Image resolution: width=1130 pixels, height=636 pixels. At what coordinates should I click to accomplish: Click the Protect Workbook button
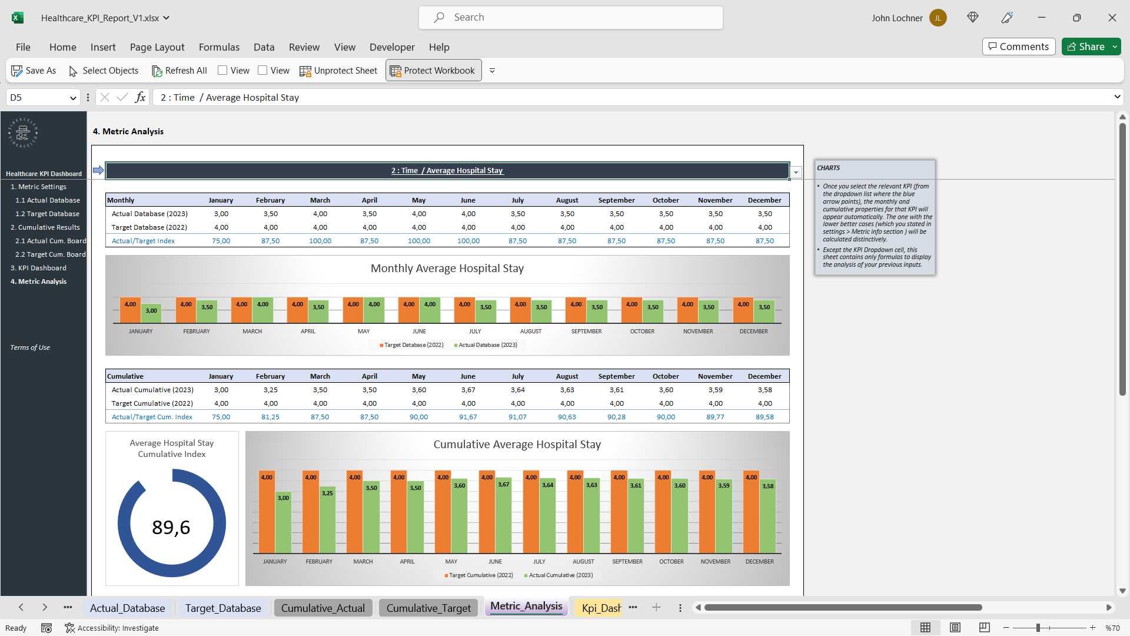(x=433, y=71)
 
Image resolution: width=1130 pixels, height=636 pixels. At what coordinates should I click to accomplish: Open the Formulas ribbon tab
(x=219, y=47)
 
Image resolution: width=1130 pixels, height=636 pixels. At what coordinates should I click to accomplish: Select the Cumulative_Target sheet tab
(x=428, y=608)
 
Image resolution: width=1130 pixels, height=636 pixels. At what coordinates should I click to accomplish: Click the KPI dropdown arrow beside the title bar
(x=796, y=172)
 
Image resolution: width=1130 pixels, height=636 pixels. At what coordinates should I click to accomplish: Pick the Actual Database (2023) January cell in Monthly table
(x=221, y=214)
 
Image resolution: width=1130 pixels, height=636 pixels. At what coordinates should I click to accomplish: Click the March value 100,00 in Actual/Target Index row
(x=320, y=241)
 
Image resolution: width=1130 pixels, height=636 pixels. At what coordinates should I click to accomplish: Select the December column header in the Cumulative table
(x=765, y=376)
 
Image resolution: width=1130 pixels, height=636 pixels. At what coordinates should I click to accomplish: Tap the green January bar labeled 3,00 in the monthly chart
(x=151, y=313)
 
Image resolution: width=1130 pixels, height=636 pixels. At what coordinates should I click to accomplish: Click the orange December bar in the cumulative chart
(x=752, y=512)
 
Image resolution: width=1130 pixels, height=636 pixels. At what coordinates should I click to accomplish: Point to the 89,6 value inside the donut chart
(x=171, y=527)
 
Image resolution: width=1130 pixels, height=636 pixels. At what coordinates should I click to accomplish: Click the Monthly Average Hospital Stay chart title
(x=447, y=269)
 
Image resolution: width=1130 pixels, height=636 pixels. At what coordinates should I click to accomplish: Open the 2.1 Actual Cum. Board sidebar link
(x=51, y=241)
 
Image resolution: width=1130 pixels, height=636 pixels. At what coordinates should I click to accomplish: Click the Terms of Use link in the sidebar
(x=30, y=347)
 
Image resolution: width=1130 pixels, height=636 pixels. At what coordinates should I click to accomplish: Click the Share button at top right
(x=1086, y=47)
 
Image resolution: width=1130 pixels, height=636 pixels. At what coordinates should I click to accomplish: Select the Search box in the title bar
(x=571, y=18)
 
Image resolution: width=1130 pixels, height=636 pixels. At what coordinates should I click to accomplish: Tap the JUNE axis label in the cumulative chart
(x=495, y=562)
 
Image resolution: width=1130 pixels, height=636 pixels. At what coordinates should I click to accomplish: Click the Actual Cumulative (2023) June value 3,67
(x=468, y=390)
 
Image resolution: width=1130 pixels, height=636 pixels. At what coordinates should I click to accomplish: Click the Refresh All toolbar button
(x=180, y=71)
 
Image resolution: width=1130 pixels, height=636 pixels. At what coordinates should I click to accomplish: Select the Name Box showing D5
(x=43, y=98)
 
